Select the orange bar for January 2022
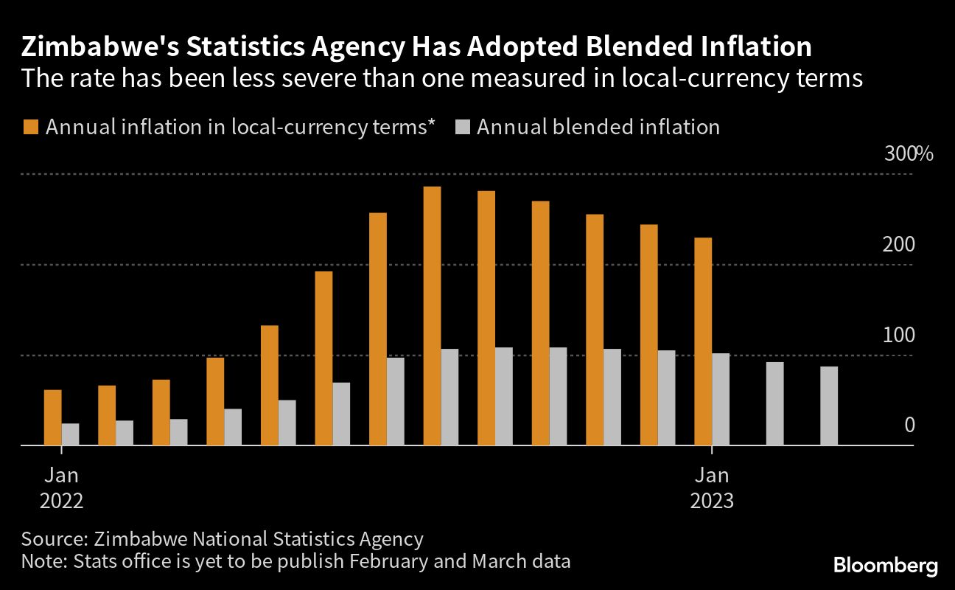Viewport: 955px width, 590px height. click(x=53, y=417)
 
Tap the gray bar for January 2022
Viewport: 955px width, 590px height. click(x=70, y=434)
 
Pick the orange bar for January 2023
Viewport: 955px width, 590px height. click(x=703, y=341)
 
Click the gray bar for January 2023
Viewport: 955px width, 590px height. click(x=721, y=399)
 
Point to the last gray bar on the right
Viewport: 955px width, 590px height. click(x=829, y=406)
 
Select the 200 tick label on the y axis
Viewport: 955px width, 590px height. click(x=898, y=245)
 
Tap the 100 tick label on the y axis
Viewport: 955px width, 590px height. click(x=898, y=336)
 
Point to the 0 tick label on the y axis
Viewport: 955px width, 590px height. click(x=909, y=426)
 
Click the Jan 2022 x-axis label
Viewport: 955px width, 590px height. click(x=61, y=487)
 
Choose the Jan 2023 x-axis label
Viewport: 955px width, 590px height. click(x=712, y=487)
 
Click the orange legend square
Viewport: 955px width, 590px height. click(x=29, y=127)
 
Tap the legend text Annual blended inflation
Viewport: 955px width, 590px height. click(x=598, y=127)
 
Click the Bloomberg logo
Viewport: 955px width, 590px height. click(x=886, y=566)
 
